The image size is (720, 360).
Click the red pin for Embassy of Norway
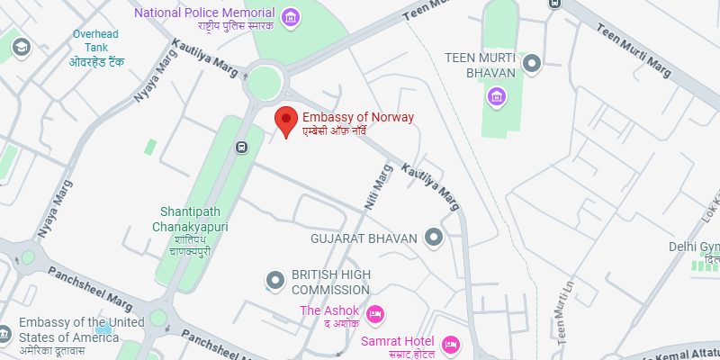click(x=286, y=120)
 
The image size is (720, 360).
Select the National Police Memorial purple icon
click(x=290, y=17)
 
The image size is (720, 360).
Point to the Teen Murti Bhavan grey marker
click(x=532, y=63)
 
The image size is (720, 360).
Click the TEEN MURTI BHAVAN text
click(x=481, y=65)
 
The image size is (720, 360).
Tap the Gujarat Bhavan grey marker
click(x=435, y=238)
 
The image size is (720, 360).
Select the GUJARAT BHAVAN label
click(x=364, y=239)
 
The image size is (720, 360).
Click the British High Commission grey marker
click(x=274, y=282)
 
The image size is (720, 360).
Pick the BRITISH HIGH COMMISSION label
click(x=330, y=283)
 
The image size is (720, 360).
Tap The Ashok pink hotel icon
click(x=376, y=312)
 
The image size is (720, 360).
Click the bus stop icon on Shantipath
click(x=241, y=148)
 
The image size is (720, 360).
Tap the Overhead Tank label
click(x=97, y=48)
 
